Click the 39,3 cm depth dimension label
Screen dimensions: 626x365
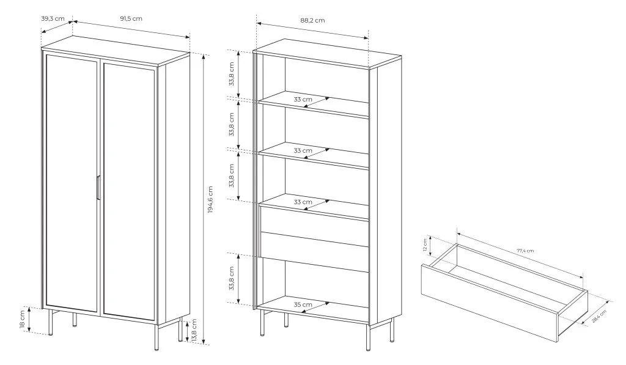(x=53, y=18)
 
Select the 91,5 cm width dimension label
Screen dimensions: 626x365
(x=131, y=18)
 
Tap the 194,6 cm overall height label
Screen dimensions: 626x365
(x=210, y=199)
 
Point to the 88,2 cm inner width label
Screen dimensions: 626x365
(x=312, y=20)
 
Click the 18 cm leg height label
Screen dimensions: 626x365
(x=23, y=320)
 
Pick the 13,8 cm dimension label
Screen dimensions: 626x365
(x=194, y=330)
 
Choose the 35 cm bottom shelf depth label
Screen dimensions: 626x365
(x=303, y=304)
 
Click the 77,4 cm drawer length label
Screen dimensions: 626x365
(x=525, y=251)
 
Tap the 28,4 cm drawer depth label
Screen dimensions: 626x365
(x=599, y=316)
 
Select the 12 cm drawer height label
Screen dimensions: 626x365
(x=425, y=245)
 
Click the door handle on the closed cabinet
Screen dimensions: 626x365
(x=98, y=187)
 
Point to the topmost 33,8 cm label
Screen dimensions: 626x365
(x=231, y=74)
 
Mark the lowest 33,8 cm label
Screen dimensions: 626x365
(x=231, y=278)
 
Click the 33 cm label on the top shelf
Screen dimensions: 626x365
(x=303, y=100)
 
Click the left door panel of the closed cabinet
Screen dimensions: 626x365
(x=71, y=183)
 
